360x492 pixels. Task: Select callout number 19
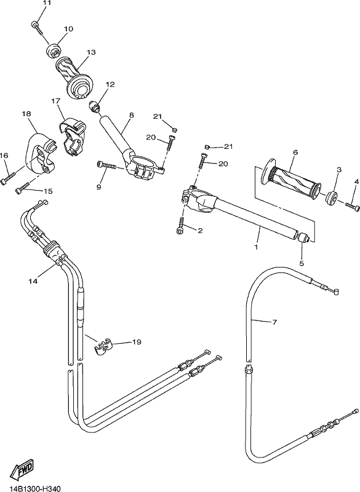point(137,342)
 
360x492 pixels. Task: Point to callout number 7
point(274,322)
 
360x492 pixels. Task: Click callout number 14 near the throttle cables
point(33,282)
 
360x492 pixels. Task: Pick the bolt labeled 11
point(37,28)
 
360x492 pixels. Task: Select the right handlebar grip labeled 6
point(291,180)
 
